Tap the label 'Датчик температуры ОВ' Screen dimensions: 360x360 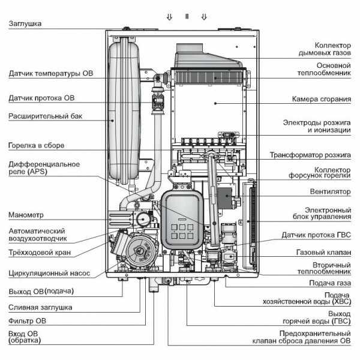(51, 75)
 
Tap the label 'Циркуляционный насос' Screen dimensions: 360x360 (49, 273)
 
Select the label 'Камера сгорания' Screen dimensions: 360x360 (321, 99)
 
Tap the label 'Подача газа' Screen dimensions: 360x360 (329, 283)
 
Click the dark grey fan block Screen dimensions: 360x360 (227, 198)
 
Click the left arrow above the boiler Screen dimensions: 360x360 (169, 17)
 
